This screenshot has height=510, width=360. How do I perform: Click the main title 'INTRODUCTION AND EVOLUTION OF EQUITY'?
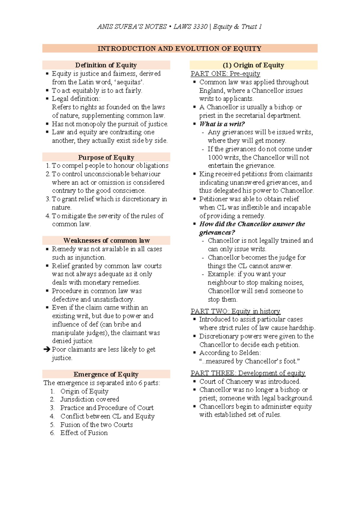pos(179,49)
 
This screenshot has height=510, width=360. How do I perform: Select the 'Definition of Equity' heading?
pos(106,65)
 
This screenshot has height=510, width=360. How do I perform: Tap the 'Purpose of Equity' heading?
pos(106,157)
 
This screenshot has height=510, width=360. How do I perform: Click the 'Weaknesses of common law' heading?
pos(106,240)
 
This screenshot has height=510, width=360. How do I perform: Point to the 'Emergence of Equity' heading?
pos(106,374)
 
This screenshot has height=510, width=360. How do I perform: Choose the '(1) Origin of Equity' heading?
pos(253,65)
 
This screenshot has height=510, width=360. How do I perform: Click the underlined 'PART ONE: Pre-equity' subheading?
pos(225,73)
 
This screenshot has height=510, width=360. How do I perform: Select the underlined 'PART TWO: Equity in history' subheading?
pos(235,311)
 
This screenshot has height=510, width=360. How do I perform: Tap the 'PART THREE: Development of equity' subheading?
pos(248,373)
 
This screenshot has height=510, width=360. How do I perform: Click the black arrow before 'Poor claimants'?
pos(46,349)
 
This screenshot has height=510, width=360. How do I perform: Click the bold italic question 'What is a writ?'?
pos(222,124)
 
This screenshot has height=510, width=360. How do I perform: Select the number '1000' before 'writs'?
pos(215,157)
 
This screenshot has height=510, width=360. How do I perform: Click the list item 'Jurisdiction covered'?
pos(90,399)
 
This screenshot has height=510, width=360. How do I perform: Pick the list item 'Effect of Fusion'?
pos(84,433)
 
